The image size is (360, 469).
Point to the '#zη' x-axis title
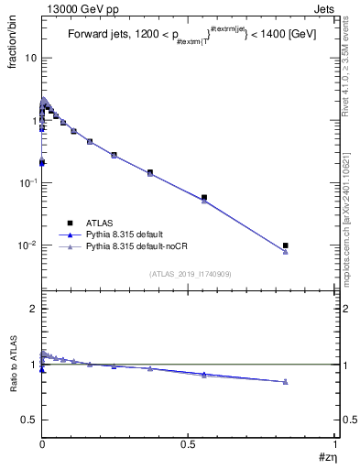[x=327, y=456]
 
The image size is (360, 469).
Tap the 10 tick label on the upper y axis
[x=30, y=59]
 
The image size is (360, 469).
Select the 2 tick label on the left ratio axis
[x=33, y=310]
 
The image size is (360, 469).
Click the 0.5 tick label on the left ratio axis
[x=29, y=420]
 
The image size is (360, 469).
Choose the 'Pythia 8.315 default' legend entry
[x=127, y=235]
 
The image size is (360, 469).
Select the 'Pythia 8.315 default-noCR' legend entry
[x=140, y=248]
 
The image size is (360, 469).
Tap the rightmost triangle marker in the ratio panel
[x=286, y=382]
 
